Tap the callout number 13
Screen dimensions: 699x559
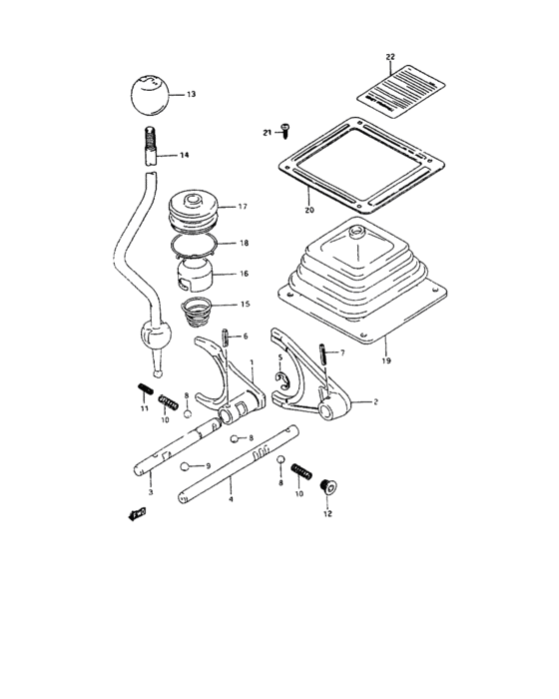click(191, 94)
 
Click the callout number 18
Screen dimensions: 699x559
click(243, 243)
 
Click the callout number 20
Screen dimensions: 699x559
click(308, 210)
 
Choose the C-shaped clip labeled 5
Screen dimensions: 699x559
click(284, 378)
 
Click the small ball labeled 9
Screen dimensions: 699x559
click(186, 466)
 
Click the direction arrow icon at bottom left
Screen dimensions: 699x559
click(135, 515)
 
